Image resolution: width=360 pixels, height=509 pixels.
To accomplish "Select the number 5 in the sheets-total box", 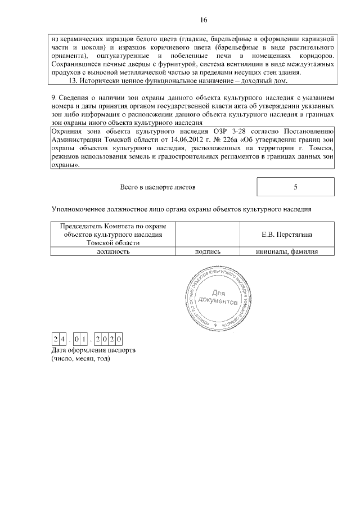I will pos(295,186).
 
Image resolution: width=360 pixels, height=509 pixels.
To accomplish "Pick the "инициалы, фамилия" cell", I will pos(286,251).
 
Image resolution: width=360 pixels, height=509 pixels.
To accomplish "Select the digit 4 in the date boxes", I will pos(62,339).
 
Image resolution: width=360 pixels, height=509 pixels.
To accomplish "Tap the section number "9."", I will pos(54,100).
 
